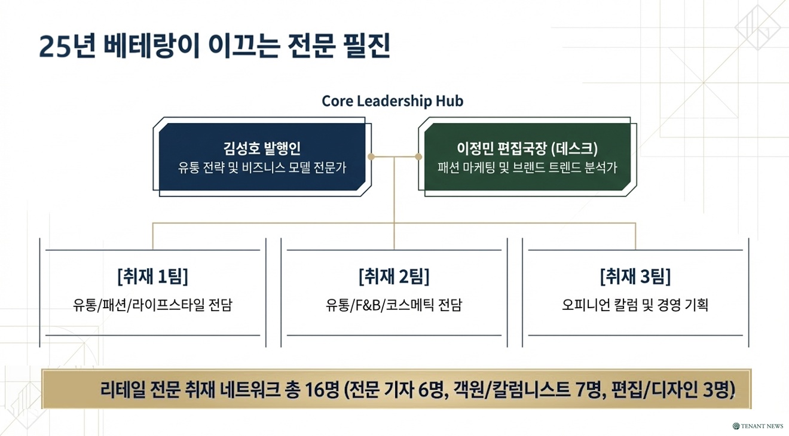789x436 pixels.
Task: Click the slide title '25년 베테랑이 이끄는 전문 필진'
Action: pyautogui.click(x=215, y=47)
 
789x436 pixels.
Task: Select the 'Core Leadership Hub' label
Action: pyautogui.click(x=393, y=101)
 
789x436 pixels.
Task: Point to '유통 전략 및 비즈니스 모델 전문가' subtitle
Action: pyautogui.click(x=262, y=168)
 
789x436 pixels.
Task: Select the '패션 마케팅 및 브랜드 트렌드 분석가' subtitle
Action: pyautogui.click(x=527, y=168)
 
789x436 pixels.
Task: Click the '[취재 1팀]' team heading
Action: pyautogui.click(x=152, y=277)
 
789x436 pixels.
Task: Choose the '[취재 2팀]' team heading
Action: pyautogui.click(x=394, y=277)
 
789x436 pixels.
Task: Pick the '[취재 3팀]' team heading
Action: pyautogui.click(x=635, y=277)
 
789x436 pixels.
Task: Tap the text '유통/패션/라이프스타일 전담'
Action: pyautogui.click(x=152, y=305)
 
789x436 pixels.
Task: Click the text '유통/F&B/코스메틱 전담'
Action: pyautogui.click(x=394, y=305)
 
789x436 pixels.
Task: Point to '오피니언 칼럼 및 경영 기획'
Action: pyautogui.click(x=635, y=305)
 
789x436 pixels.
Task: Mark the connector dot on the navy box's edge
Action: pyautogui.click(x=371, y=157)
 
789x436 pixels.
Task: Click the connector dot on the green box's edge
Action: pyautogui.click(x=418, y=157)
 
